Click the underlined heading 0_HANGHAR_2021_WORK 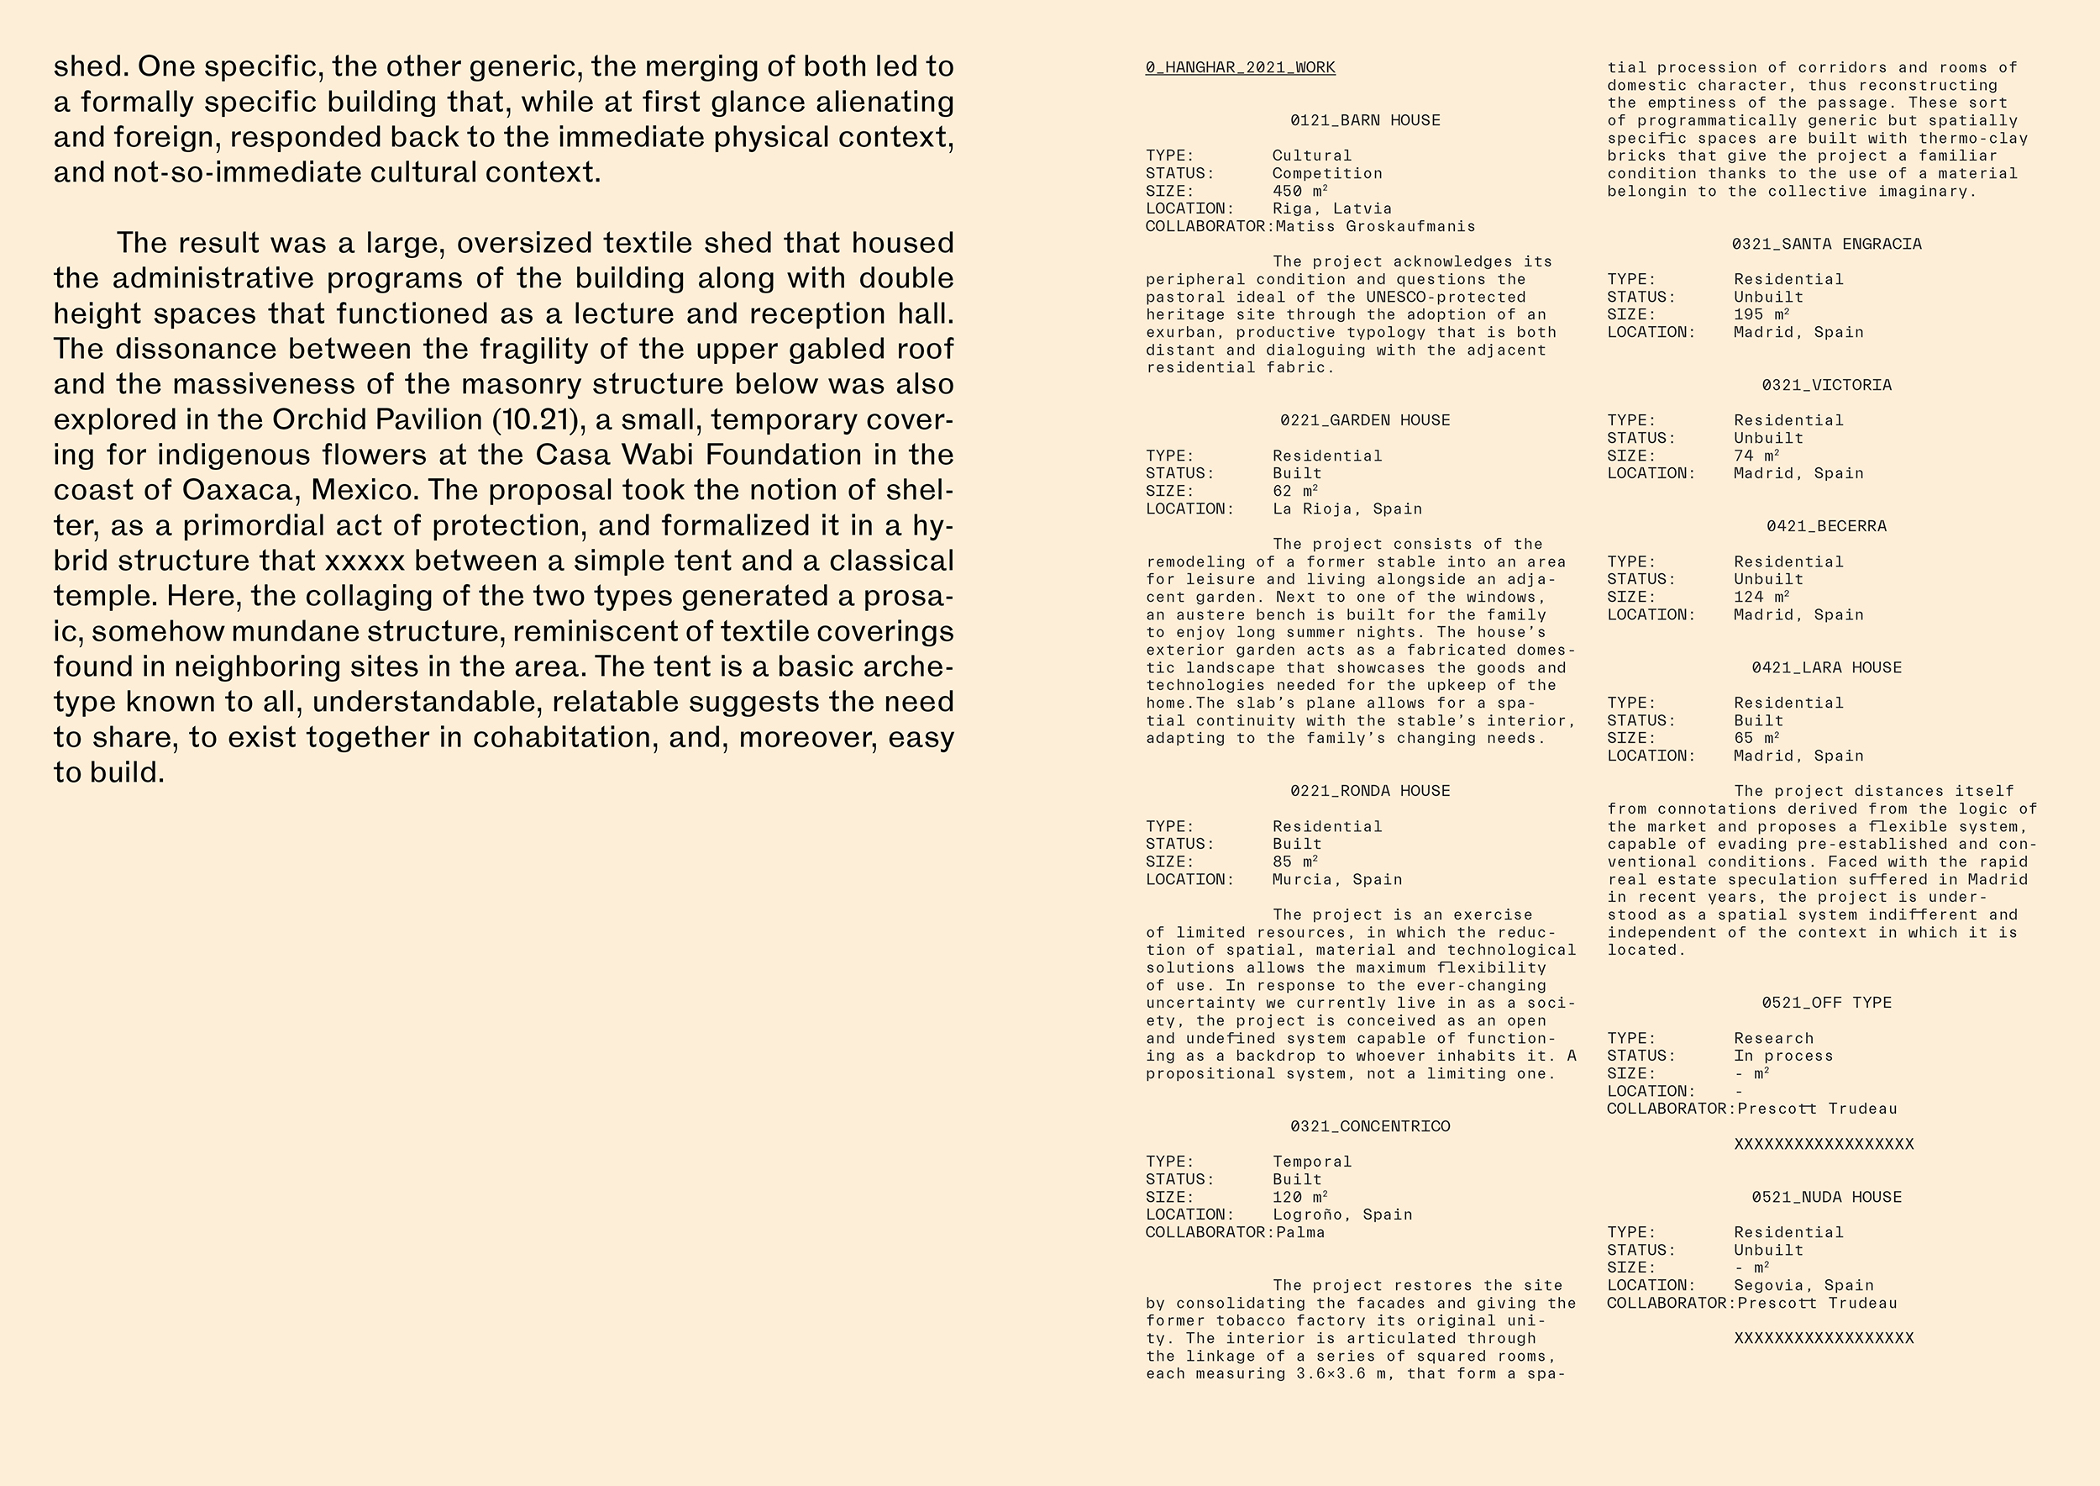coord(1239,68)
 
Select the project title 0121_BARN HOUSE coord(1365,121)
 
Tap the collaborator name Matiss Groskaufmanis coord(1376,226)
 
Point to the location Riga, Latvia coord(1331,208)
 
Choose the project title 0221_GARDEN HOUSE coord(1365,421)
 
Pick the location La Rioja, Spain coord(1347,509)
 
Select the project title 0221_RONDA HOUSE coord(1369,792)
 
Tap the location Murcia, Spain coord(1337,879)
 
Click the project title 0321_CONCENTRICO coord(1369,1126)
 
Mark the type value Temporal coord(1311,1162)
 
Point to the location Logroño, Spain coord(1341,1215)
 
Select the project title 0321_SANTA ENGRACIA coord(1825,245)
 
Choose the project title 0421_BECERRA coord(1825,527)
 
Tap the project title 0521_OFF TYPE coord(1825,1003)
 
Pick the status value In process coord(1783,1056)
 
